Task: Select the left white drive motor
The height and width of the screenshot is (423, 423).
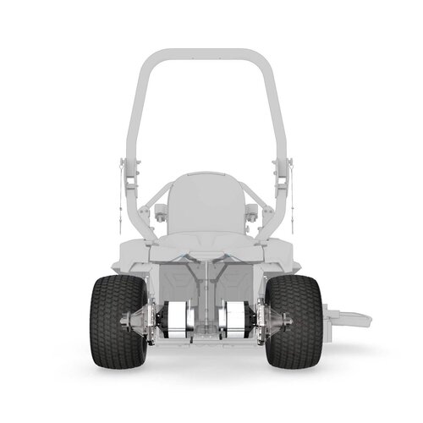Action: (179, 322)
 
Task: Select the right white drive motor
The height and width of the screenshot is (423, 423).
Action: (236, 322)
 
